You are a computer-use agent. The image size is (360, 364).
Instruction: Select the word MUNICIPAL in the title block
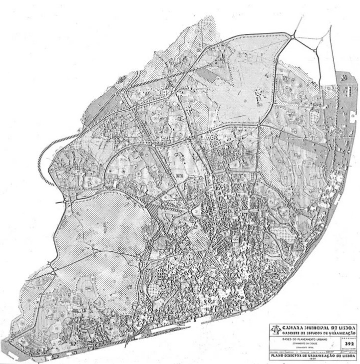pos(312,328)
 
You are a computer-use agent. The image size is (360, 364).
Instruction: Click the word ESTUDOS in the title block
pos(314,333)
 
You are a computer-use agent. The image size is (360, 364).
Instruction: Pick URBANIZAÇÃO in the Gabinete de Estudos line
pos(342,333)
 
